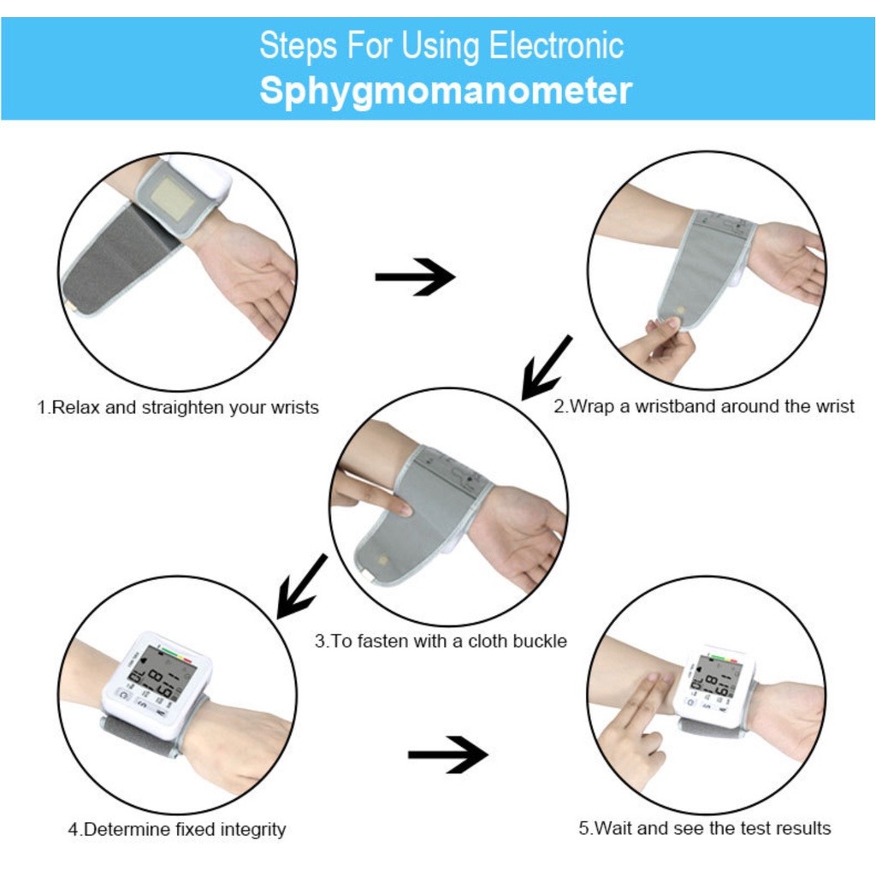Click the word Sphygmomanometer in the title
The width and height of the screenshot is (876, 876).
point(446,90)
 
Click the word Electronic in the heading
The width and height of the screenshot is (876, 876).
point(556,45)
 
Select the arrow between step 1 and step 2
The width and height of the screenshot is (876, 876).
point(415,277)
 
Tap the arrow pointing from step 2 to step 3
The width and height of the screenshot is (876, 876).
point(547,367)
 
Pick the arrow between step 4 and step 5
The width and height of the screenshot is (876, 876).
point(447,754)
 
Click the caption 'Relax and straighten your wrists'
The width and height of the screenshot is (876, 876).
point(177,407)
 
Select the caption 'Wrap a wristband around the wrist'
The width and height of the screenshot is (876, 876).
point(703,406)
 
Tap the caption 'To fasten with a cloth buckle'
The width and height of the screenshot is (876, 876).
point(441,641)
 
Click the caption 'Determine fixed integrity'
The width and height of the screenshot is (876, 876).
point(177,829)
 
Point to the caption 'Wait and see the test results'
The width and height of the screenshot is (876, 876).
point(704,827)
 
